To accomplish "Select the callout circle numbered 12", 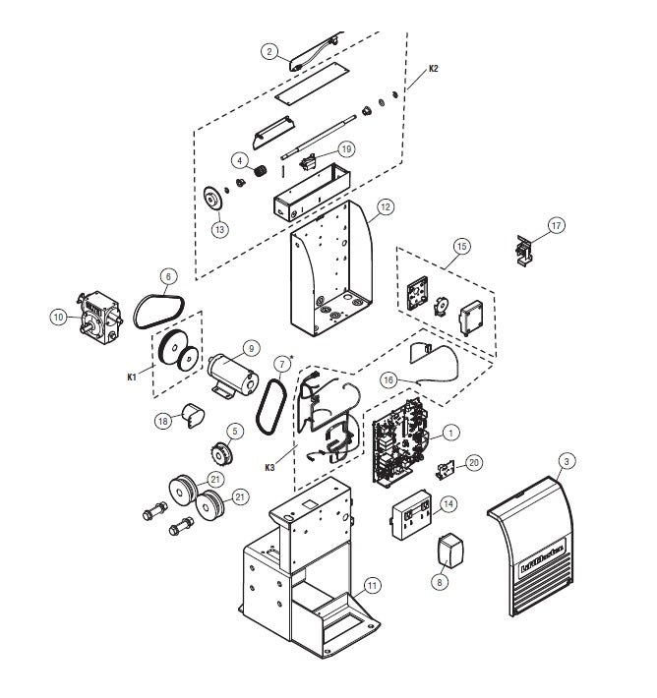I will (386, 207).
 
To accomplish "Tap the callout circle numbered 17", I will (557, 226).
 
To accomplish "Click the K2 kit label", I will (434, 70).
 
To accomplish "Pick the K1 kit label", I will (133, 376).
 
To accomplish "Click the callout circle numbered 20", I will (473, 461).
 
